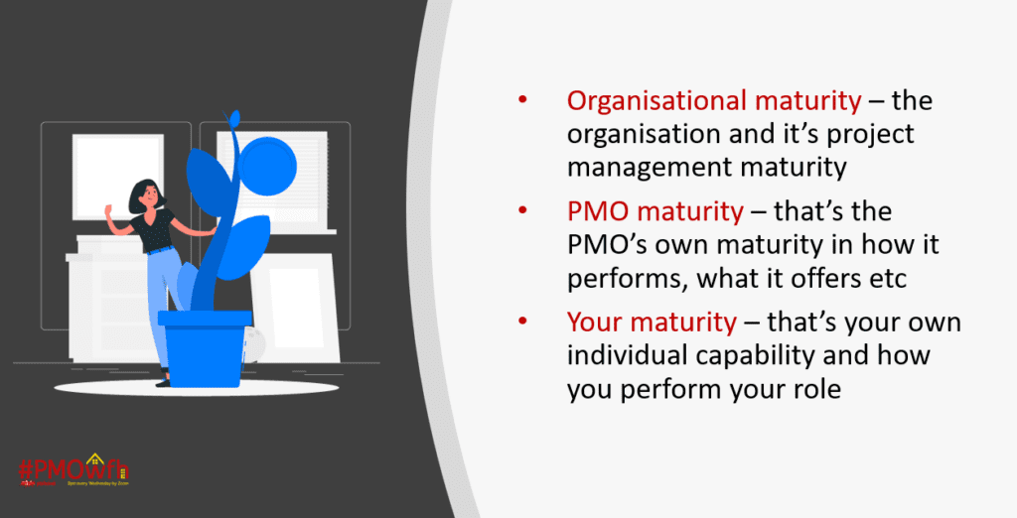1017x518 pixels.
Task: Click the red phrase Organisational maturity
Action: pos(713,101)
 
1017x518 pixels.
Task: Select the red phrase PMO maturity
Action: pos(654,212)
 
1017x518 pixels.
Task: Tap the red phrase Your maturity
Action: pos(652,324)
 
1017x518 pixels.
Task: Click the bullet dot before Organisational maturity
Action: pos(522,102)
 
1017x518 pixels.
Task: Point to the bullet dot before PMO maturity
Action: pos(522,213)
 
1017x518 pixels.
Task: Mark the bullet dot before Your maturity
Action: pos(522,324)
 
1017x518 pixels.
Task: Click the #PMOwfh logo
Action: pos(73,469)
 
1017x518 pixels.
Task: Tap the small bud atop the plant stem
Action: pos(234,120)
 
